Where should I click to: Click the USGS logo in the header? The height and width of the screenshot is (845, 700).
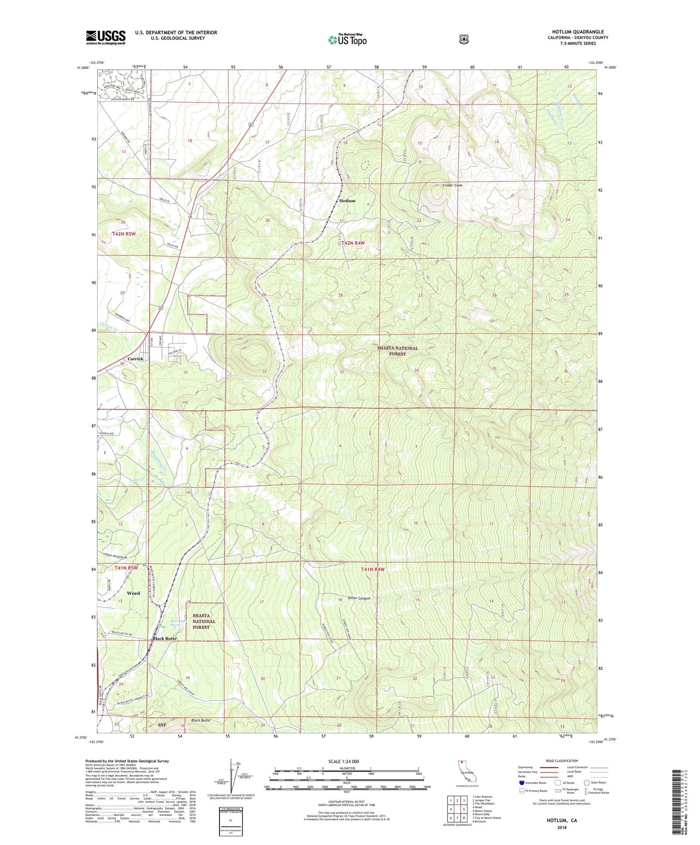pyautogui.click(x=106, y=37)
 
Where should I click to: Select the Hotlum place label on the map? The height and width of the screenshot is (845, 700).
pyautogui.click(x=347, y=201)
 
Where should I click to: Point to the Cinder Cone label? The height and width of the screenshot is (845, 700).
pyautogui.click(x=452, y=185)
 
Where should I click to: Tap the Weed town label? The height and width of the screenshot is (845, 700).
pyautogui.click(x=133, y=593)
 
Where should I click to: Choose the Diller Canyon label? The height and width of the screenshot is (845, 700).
pyautogui.click(x=359, y=599)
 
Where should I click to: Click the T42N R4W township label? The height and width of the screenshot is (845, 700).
pyautogui.click(x=353, y=243)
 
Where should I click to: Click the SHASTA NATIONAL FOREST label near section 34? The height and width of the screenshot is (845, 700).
pyautogui.click(x=397, y=351)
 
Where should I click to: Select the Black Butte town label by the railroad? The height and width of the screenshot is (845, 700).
pyautogui.click(x=164, y=638)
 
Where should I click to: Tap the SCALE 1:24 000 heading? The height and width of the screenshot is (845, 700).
pyautogui.click(x=343, y=761)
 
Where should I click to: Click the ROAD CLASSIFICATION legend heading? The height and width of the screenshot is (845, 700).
pyautogui.click(x=561, y=761)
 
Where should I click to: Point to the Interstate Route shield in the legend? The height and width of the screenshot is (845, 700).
pyautogui.click(x=521, y=783)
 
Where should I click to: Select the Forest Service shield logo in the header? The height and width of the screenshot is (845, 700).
pyautogui.click(x=464, y=39)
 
